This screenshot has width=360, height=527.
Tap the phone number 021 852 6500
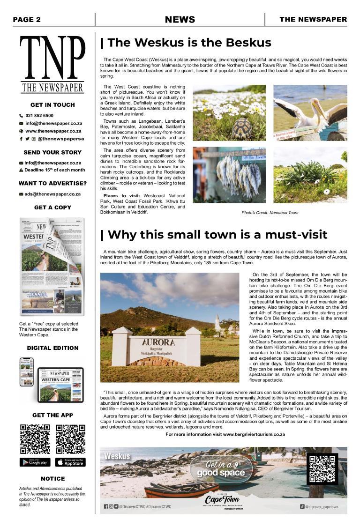click(39, 115)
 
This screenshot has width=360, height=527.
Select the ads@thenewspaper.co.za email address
click(52, 194)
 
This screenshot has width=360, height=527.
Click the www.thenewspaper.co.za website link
click(53, 131)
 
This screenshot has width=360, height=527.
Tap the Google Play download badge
click(35, 462)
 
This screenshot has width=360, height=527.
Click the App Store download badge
click(70, 462)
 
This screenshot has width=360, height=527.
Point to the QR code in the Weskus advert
click(322, 468)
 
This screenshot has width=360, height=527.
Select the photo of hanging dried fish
click(229, 175)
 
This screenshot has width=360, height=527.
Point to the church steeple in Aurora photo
click(217, 321)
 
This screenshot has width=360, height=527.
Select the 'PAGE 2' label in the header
click(27, 19)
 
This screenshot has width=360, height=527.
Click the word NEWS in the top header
click(180, 19)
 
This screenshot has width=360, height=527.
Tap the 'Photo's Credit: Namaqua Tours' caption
click(270, 213)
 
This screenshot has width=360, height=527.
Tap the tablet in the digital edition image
click(60, 385)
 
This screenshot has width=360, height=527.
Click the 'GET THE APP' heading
click(52, 415)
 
